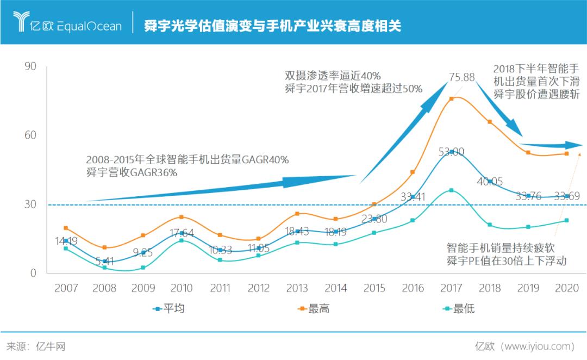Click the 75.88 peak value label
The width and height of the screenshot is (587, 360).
(x=461, y=77)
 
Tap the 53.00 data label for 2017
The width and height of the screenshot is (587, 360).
(x=451, y=152)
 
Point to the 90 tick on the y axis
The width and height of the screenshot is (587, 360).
(x=30, y=66)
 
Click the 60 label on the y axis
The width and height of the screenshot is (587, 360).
(x=30, y=135)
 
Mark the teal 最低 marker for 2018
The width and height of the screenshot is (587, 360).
(x=490, y=225)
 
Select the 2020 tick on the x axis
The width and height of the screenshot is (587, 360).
(x=566, y=288)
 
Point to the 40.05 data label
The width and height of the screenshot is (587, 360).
(x=490, y=182)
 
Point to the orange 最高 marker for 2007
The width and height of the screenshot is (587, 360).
(x=66, y=228)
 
